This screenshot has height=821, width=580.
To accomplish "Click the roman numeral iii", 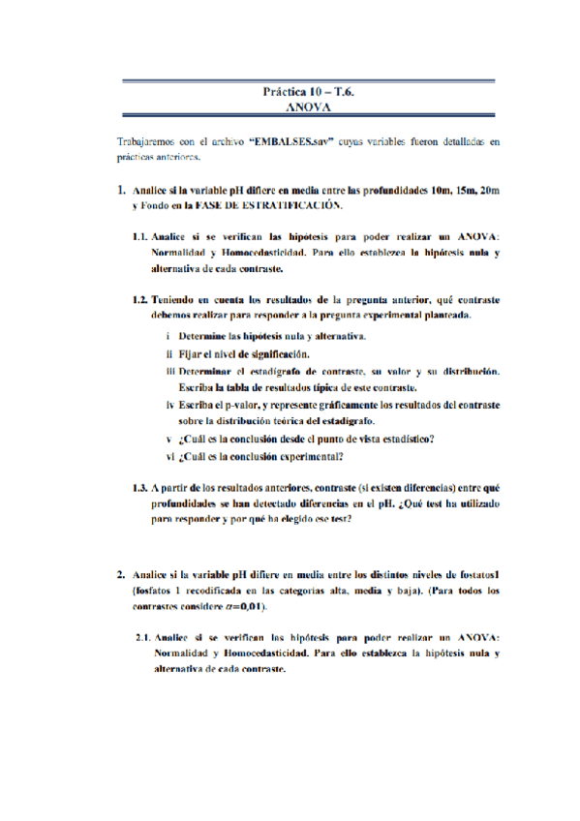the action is click(168, 372).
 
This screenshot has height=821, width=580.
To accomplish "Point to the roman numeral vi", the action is click(169, 458).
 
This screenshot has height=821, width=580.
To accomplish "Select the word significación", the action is click(279, 354).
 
